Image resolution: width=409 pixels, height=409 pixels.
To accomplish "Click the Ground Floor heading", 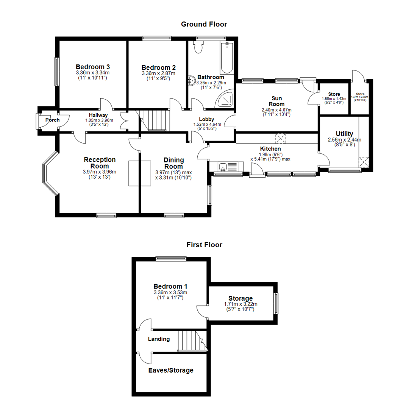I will click(204, 24).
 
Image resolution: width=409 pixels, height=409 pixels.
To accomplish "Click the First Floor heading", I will click(204, 245).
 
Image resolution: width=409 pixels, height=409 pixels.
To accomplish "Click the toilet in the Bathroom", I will click(198, 47).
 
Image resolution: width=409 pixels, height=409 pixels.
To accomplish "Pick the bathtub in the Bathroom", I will click(227, 58).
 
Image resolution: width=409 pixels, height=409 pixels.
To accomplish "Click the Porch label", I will click(52, 120).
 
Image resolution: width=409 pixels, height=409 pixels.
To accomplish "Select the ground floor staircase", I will click(154, 120).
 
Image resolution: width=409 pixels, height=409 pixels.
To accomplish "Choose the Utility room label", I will click(344, 134).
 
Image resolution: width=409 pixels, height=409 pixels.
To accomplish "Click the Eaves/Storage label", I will click(170, 370).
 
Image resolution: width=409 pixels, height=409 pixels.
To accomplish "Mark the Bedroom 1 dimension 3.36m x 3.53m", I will click(170, 292).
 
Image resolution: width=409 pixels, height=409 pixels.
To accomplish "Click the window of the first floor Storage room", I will click(276, 303).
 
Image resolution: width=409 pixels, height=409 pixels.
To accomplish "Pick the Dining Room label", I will click(173, 163).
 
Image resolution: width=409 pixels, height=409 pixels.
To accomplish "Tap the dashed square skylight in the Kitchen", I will click(281, 138).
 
